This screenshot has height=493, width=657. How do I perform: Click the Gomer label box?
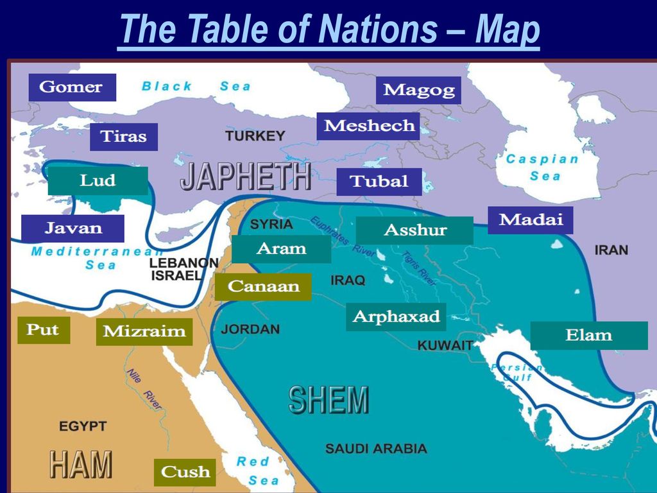point(72,87)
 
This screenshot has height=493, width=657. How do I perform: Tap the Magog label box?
point(418,91)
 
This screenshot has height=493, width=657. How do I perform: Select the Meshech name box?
point(368,126)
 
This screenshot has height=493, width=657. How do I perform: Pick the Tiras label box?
point(123,137)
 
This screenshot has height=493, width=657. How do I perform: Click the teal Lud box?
point(98,181)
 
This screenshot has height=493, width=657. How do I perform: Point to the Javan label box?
point(73,228)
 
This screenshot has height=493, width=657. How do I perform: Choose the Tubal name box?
point(379,182)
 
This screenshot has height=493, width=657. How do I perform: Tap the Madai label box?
point(530,220)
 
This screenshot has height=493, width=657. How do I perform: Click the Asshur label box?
point(414,230)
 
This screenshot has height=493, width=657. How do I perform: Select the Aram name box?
point(281,248)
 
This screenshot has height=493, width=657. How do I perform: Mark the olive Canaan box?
point(263,286)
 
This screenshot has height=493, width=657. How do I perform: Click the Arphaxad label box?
point(396,316)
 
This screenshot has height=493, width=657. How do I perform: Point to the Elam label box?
point(588,335)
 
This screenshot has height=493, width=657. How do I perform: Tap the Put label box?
point(43,331)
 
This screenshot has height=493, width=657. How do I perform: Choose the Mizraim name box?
point(144,332)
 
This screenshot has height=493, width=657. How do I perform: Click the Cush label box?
point(185,472)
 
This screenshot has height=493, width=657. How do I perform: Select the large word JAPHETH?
point(246,177)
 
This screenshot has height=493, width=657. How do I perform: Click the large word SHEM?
point(328,401)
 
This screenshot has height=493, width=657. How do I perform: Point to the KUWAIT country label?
point(445,345)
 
